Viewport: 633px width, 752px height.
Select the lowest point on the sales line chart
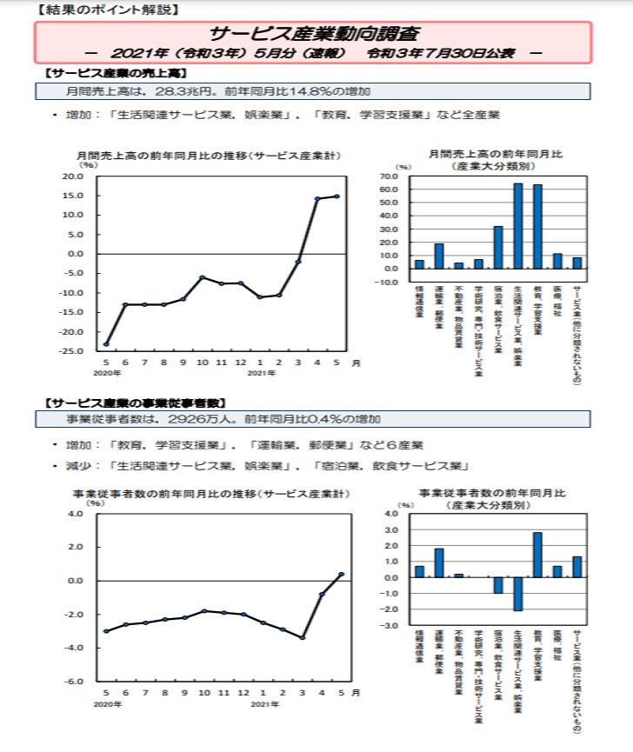coord(106,344)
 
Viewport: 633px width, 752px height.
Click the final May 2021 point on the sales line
coord(337,196)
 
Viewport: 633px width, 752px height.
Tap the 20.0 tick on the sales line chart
coord(72,176)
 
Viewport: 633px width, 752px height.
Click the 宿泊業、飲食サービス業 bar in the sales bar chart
coord(498,247)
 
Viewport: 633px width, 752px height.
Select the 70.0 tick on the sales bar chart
coord(389,176)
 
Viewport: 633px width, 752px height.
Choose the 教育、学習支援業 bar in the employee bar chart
coord(537,555)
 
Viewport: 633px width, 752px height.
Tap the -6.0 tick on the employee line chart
coord(75,682)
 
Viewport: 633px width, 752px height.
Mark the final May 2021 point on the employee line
coord(341,575)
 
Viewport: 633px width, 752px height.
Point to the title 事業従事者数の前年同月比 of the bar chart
coord(492,493)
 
